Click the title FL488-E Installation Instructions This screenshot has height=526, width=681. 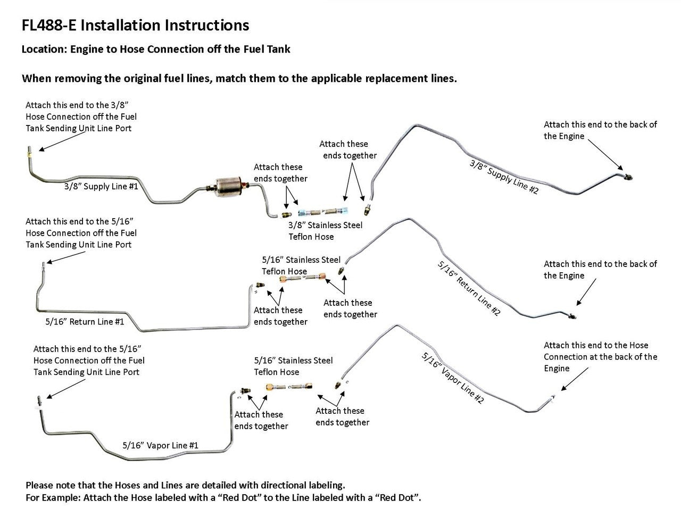point(135,26)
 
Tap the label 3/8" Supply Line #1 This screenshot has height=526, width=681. point(101,187)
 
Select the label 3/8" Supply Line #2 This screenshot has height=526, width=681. point(504,176)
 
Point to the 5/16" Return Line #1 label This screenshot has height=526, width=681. point(85,322)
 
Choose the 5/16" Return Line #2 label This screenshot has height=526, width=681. point(469,288)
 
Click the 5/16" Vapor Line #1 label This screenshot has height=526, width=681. point(160,445)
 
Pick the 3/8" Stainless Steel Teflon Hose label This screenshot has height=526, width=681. point(325,231)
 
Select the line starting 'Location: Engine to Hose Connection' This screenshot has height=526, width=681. point(156,49)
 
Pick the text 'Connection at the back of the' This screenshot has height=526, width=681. point(600,357)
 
